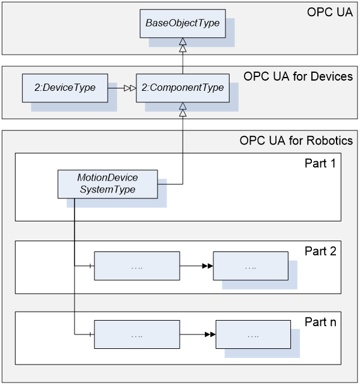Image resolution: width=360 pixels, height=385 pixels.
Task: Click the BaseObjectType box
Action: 183,23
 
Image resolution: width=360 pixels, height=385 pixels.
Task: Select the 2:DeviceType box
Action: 65,88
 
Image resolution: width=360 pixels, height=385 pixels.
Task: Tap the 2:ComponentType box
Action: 183,88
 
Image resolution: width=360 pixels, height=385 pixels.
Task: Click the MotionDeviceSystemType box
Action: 108,184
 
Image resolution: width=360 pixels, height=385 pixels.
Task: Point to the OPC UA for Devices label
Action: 298,76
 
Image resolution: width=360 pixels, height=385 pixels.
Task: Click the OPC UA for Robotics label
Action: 296,141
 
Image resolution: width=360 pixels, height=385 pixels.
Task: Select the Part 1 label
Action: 320,163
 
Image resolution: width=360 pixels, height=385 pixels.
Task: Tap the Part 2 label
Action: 320,251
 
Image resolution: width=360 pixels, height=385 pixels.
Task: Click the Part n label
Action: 320,322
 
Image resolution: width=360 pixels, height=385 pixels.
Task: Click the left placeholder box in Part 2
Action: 137,266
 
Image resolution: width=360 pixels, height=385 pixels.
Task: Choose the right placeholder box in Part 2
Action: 251,266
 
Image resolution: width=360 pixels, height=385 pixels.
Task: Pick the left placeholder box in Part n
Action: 137,334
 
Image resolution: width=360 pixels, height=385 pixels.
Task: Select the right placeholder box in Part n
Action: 254,334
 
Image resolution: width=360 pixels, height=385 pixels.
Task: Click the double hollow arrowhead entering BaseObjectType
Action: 183,45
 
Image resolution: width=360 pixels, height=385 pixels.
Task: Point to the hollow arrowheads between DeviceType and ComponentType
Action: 130,88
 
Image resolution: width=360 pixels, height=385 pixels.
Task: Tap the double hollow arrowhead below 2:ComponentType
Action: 183,109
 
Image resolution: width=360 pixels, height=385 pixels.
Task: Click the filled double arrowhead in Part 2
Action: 207,266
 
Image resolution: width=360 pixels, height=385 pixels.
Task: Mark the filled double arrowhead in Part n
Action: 210,334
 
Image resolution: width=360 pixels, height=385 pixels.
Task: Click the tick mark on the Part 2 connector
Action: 91,266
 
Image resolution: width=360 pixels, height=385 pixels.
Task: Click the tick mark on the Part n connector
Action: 91,334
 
